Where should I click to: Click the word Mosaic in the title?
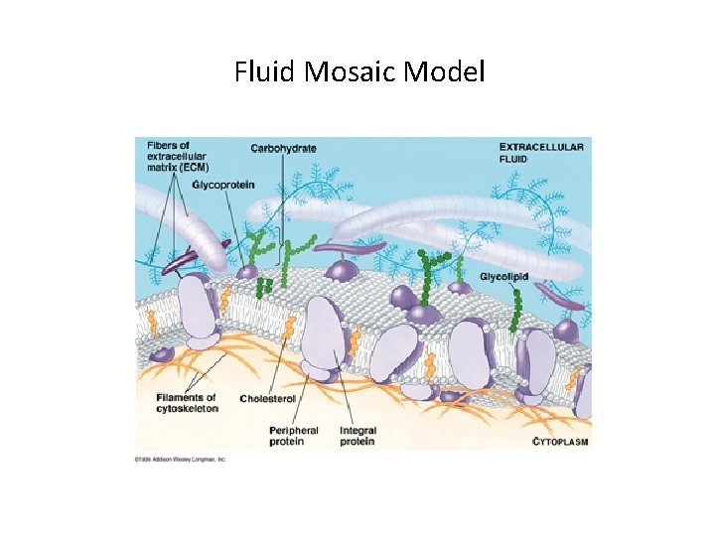pos(344,71)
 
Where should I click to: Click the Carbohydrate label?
pos(284,149)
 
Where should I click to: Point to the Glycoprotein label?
pos(223,185)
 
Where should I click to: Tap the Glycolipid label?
pos(505,275)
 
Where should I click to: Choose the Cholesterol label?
pos(268,399)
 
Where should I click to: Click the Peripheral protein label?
pos(293,436)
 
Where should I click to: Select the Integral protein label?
pos(357,436)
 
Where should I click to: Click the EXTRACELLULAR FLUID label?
pos(541,152)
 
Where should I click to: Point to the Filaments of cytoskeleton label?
pos(187,403)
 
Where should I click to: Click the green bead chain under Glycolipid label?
pos(517,308)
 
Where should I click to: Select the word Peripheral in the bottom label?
pos(294,431)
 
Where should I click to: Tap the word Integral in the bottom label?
pos(357,431)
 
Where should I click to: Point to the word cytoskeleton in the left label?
pos(187,409)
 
